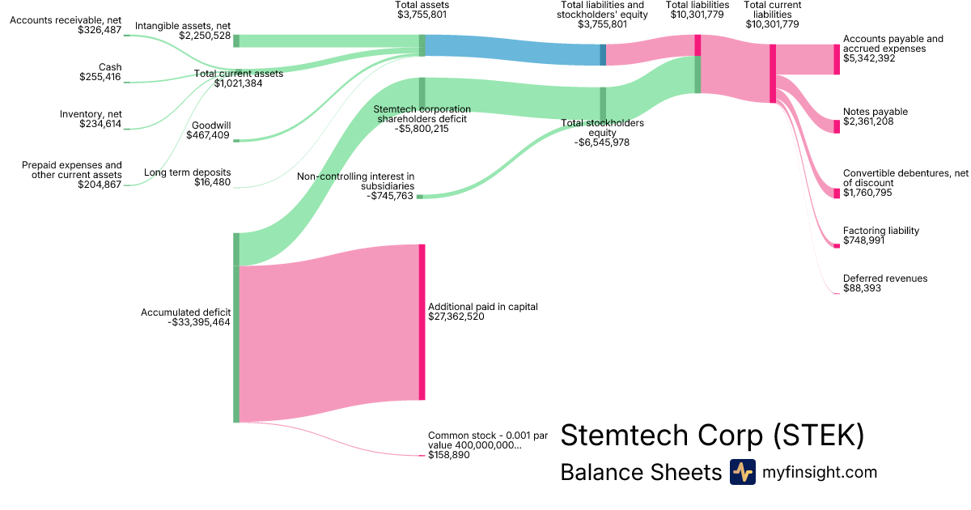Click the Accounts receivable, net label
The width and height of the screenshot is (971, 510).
coord(66,19)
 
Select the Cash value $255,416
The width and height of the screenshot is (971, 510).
coord(100,77)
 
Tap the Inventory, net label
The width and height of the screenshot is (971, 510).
coord(91,114)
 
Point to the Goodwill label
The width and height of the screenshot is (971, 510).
coord(210,125)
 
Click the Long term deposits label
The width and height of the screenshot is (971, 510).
coord(187,172)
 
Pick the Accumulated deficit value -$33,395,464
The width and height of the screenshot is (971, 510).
coord(199,322)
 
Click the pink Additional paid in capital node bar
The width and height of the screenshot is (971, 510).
coord(422,321)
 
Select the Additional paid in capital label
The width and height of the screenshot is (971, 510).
coord(483,307)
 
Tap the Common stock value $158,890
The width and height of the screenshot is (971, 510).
coord(448,455)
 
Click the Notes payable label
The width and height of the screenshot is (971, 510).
coord(876,112)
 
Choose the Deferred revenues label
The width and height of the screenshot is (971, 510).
coord(885,278)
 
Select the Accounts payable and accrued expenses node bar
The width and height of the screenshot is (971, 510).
coord(837,59)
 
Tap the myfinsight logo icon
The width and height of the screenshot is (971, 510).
coord(742,472)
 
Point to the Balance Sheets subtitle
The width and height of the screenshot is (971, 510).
coord(640,473)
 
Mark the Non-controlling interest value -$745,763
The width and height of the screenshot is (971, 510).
coord(391,195)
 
